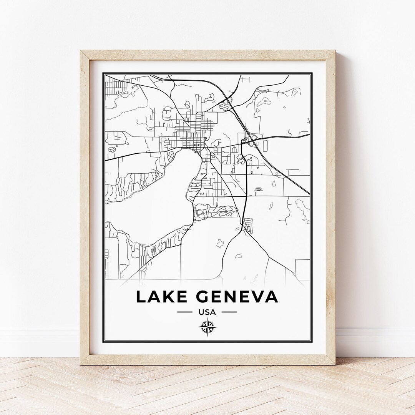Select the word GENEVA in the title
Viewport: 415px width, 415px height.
(237, 297)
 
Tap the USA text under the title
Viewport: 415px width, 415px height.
(207, 312)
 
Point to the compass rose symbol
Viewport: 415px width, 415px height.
(207, 328)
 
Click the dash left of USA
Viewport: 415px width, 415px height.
(184, 312)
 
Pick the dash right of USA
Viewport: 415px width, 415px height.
(229, 312)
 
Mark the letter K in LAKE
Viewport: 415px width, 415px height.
(169, 297)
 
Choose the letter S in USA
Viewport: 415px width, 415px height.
(207, 312)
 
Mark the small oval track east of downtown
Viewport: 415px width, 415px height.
(258, 189)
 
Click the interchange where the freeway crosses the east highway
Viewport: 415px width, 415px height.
(254, 137)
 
